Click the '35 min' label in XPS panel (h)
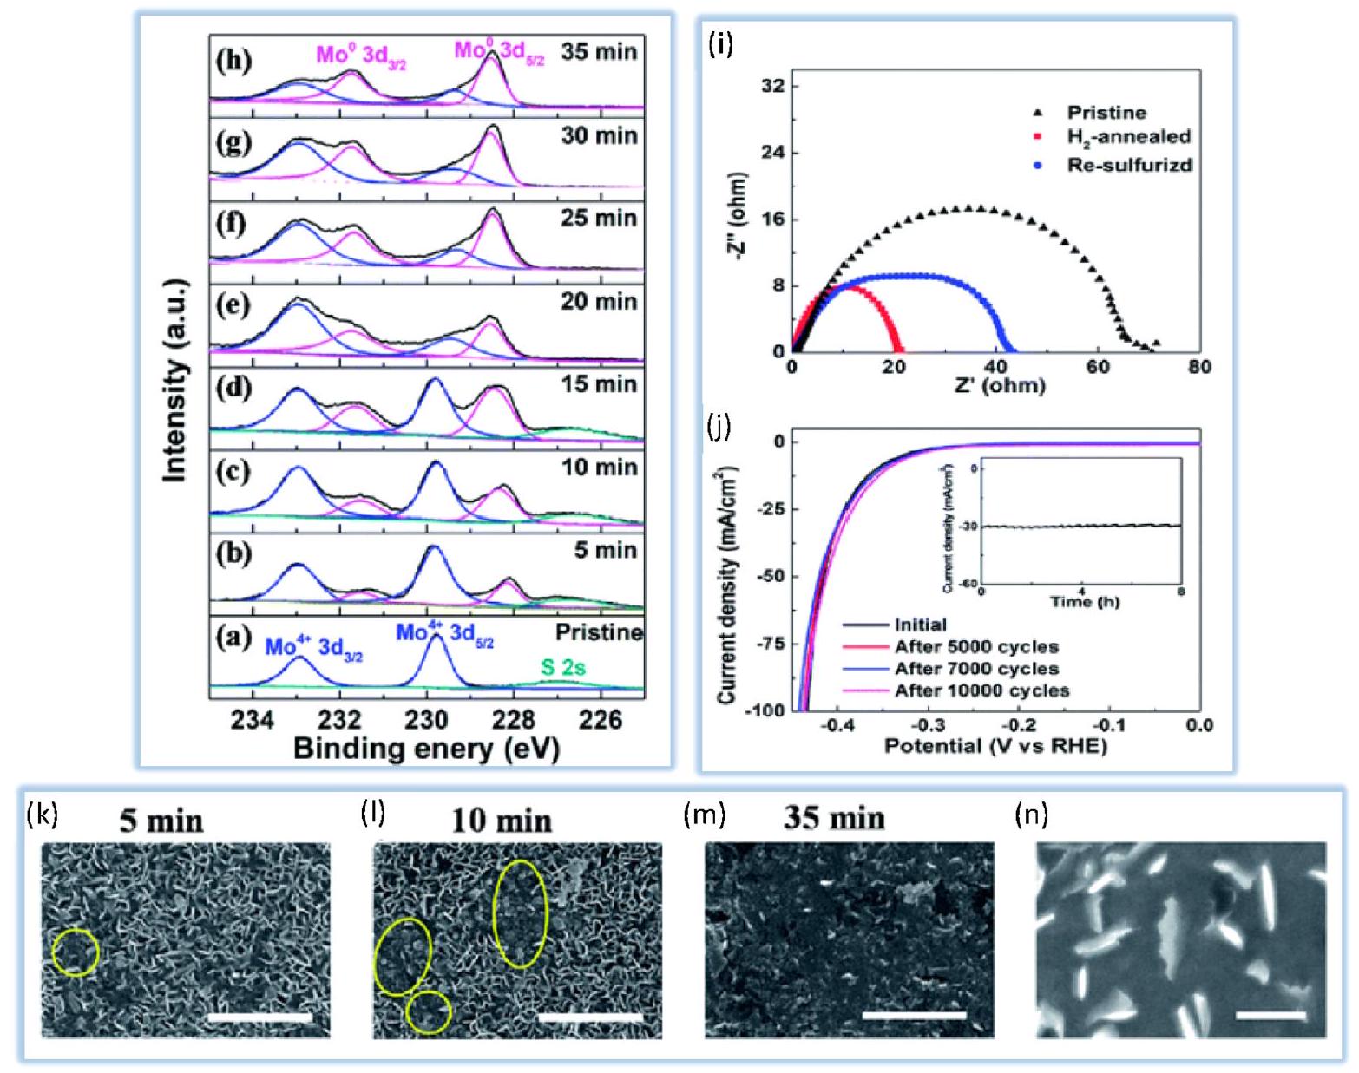pos(599,52)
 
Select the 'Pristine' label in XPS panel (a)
pos(599,632)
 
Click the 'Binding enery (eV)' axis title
pos(426,749)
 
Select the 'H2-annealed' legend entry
pos(1128,136)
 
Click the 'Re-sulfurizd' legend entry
pos(1129,165)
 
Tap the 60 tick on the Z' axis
pos(1098,368)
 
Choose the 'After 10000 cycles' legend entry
pos(981,691)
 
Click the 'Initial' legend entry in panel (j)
pos(920,625)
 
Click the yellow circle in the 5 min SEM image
pos(75,952)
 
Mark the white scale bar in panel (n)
pos(1270,1014)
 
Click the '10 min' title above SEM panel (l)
pos(501,821)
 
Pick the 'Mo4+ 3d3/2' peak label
pos(313,647)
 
